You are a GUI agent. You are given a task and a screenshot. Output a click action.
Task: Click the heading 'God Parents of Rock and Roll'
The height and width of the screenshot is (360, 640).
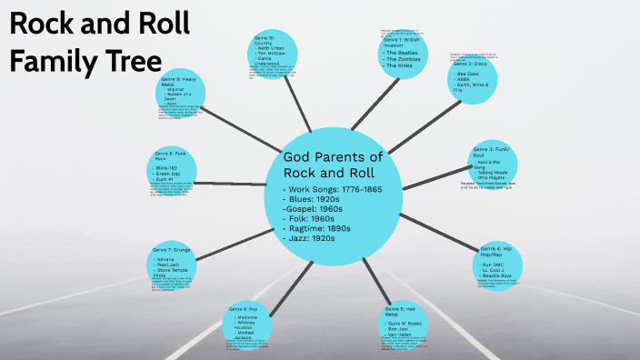[x=335, y=164]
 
